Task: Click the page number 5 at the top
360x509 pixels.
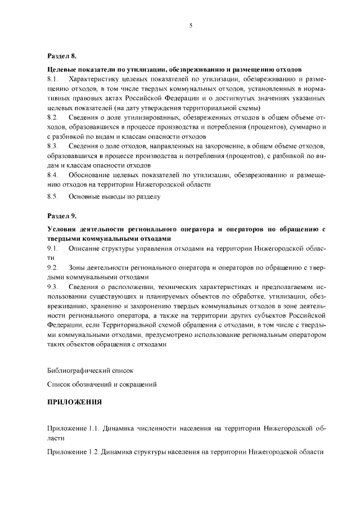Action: coord(191,25)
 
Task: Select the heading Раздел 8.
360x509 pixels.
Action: coord(61,57)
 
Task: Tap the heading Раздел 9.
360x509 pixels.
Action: coord(61,216)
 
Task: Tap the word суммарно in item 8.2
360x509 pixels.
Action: coord(304,127)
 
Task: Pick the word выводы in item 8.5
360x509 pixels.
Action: coord(113,197)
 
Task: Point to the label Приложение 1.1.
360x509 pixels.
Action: coord(74,428)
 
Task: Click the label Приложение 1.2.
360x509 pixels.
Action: coord(74,452)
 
